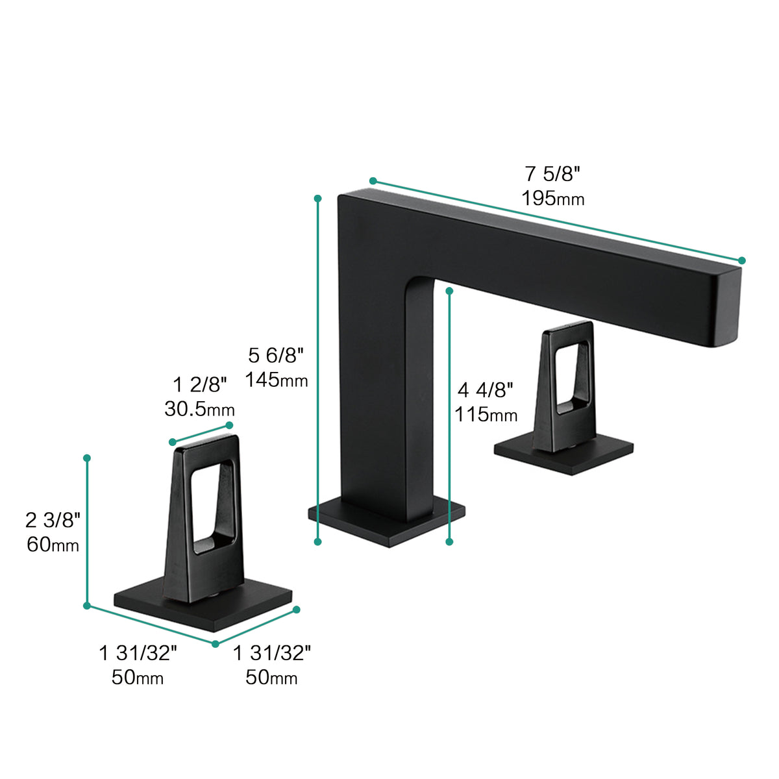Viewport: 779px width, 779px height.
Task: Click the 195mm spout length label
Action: tap(552, 199)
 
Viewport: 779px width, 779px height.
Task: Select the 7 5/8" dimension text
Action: tap(552, 174)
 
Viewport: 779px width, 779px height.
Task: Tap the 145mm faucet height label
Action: tap(276, 380)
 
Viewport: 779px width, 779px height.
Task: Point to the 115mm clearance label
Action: tap(486, 414)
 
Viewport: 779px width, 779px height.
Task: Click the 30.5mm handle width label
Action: tap(199, 409)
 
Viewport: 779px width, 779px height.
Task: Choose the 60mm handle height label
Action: tap(53, 544)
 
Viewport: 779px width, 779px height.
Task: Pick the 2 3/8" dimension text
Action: tap(53, 520)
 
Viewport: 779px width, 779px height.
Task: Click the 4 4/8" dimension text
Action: tap(486, 390)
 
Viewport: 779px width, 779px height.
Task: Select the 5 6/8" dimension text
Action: tap(276, 356)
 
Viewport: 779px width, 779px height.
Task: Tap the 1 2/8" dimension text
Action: tap(200, 385)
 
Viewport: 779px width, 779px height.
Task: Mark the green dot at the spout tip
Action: tap(742, 260)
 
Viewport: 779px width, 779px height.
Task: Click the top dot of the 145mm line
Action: tap(318, 197)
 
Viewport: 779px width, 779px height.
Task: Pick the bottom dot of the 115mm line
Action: tap(449, 541)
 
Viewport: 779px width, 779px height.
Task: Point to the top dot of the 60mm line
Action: tap(87, 458)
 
